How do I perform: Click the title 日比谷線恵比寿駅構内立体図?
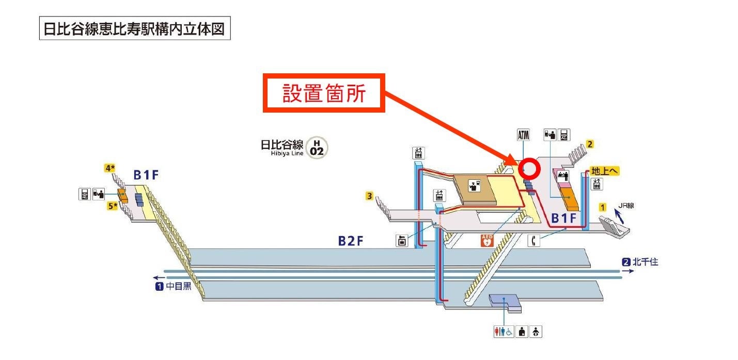click(x=134, y=29)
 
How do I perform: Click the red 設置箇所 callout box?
click(x=324, y=93)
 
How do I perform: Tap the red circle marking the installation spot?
click(x=529, y=169)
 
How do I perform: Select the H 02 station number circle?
click(x=317, y=147)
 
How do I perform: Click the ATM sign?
click(x=523, y=136)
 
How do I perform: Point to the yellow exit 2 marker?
click(x=590, y=145)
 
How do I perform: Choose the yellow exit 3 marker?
click(x=369, y=196)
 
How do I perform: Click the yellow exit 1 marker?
click(x=602, y=207)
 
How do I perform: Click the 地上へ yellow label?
click(x=605, y=171)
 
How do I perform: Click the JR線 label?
click(x=626, y=206)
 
